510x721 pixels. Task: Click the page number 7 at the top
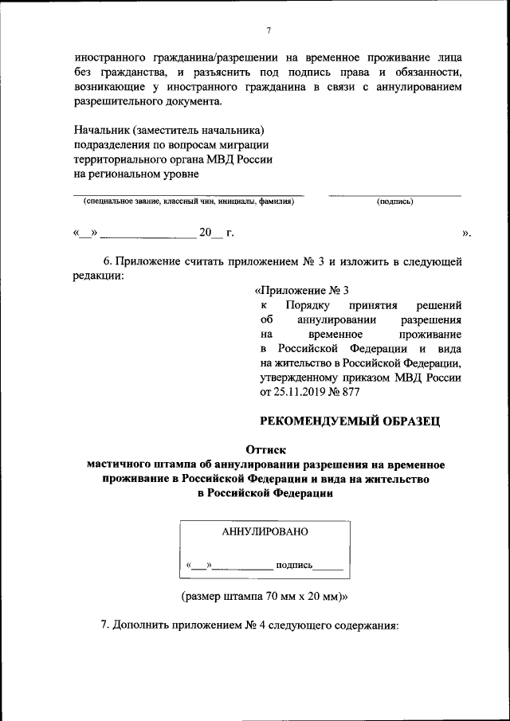tap(269, 30)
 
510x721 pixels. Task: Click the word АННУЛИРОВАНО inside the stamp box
tap(264, 531)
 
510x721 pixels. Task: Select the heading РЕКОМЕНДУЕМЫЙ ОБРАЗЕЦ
tap(351, 420)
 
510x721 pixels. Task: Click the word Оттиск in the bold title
tap(265, 449)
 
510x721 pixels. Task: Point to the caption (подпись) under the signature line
tap(394, 202)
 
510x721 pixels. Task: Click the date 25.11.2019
tap(299, 393)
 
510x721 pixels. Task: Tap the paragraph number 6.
tap(109, 261)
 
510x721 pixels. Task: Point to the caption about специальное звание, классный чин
tap(189, 202)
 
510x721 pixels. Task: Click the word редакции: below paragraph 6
tap(99, 276)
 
